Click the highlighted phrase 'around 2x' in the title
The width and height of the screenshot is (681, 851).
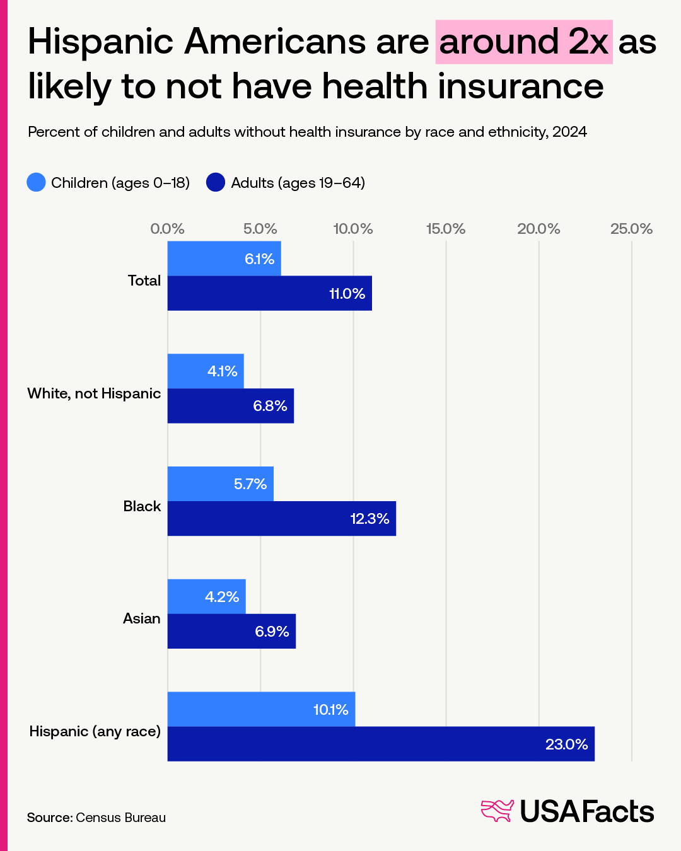pos(523,42)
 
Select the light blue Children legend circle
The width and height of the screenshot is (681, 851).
pos(37,183)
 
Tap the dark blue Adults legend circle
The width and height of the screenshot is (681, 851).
pos(216,183)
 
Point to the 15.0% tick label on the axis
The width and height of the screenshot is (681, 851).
pos(446,229)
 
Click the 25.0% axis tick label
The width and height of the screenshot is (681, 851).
pos(631,229)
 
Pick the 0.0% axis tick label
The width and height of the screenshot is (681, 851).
pos(167,229)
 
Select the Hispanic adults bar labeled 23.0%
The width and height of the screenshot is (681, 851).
pos(381,744)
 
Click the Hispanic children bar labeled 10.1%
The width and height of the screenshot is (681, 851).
pos(261,709)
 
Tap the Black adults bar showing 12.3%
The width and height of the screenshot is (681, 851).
pos(281,519)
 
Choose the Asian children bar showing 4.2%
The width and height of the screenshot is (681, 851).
pos(206,596)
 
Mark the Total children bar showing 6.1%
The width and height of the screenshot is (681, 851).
pos(224,258)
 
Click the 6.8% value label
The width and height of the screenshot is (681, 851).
pos(270,406)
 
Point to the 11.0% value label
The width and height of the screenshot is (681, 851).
pos(347,294)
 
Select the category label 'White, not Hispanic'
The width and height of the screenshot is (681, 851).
pos(94,393)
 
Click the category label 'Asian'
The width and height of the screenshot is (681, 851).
pos(142,618)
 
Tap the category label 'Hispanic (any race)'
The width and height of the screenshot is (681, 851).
pos(95,731)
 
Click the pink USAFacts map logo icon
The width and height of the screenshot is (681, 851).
pos(498,811)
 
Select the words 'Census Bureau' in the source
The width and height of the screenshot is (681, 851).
pos(120,818)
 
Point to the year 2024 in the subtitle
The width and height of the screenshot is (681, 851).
pos(569,132)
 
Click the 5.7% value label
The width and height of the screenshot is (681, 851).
pos(250,484)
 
